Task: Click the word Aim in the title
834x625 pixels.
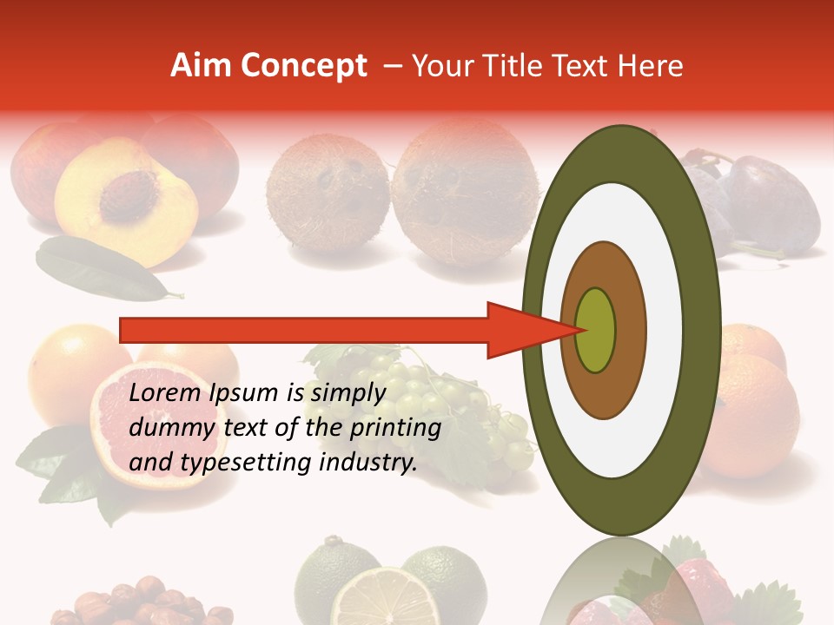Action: click(201, 66)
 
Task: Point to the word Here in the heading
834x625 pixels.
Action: click(652, 66)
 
